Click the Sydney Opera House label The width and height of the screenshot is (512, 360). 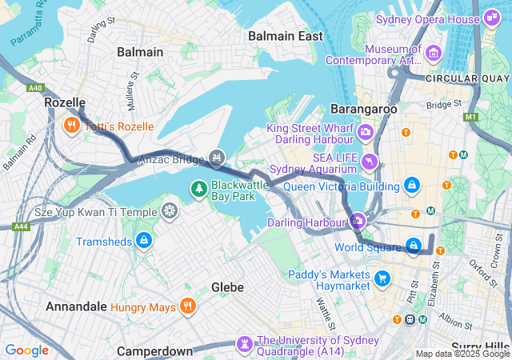point(428,19)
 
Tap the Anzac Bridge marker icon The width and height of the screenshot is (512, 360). point(216,156)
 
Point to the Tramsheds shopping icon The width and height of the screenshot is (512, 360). point(144,241)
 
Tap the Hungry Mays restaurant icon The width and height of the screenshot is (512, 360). point(187,305)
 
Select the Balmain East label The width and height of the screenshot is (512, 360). point(285,36)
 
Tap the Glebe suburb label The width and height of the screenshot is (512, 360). point(227,286)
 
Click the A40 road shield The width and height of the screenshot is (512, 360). point(35,89)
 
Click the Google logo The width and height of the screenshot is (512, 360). point(26,350)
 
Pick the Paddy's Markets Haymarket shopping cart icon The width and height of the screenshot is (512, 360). point(382,279)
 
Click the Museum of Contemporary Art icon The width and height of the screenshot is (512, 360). point(434,54)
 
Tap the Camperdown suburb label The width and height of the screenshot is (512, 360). point(154,351)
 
